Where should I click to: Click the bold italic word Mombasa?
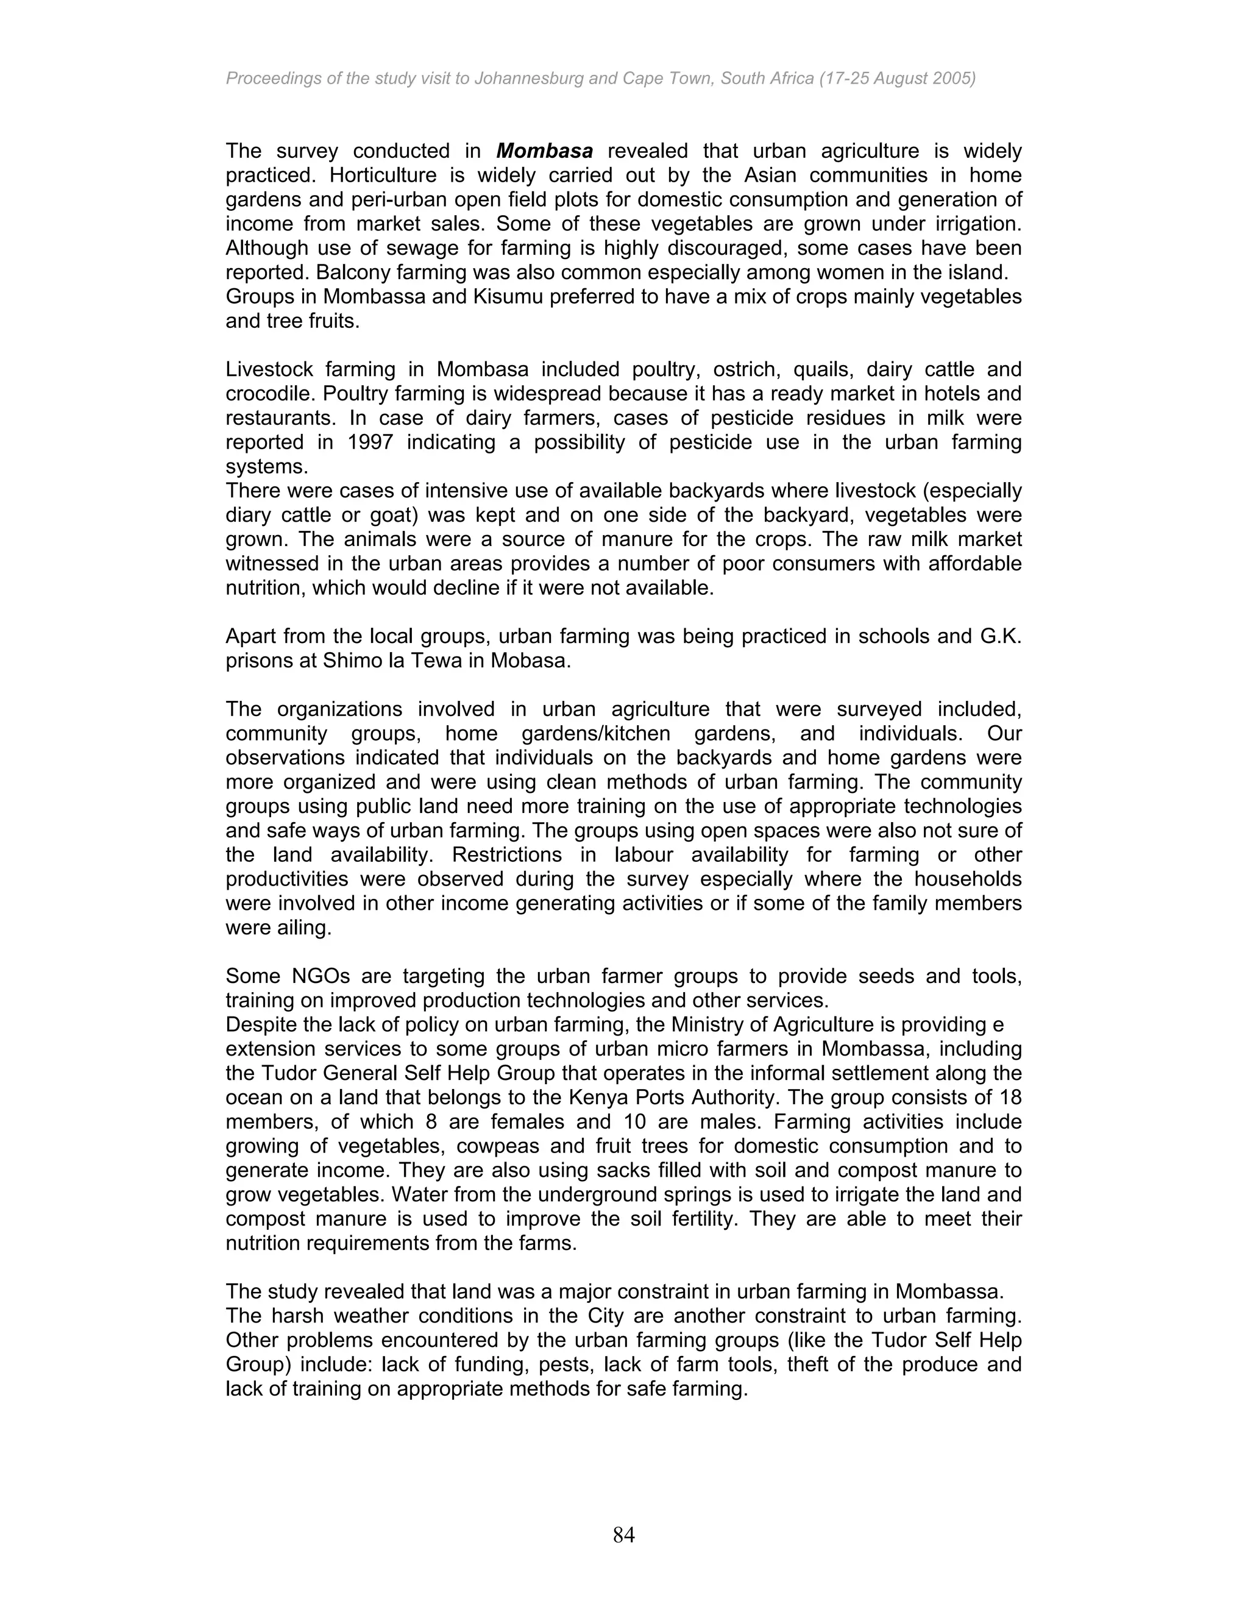pos(544,151)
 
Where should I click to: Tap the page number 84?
pos(623,1535)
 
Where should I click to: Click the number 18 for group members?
pos(1011,1098)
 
